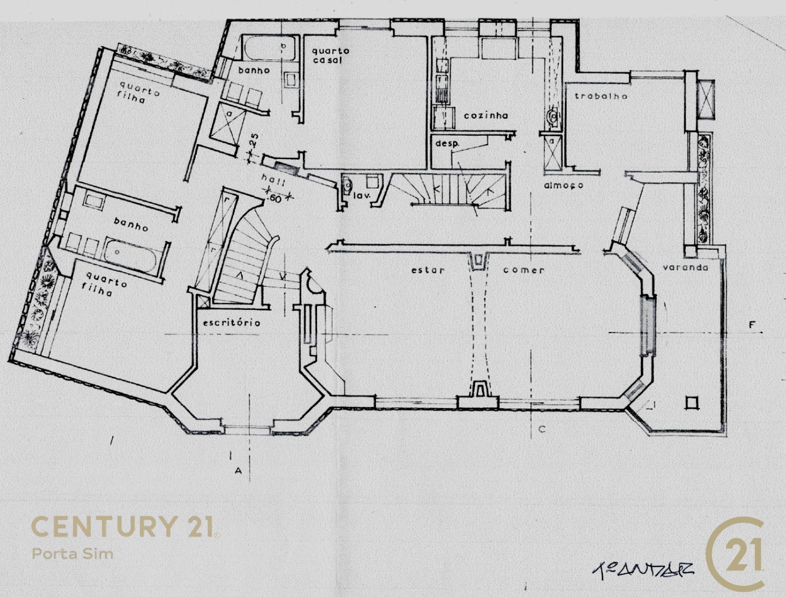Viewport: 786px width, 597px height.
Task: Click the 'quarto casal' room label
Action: tap(330, 55)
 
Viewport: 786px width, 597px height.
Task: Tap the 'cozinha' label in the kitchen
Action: tap(486, 116)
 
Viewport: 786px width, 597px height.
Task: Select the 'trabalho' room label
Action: tap(601, 96)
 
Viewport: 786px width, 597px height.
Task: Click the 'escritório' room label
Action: tap(232, 322)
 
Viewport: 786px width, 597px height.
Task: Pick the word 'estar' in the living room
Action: tap(428, 270)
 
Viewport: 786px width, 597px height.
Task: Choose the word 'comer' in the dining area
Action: tap(523, 270)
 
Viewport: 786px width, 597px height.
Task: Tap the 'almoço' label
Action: tap(563, 186)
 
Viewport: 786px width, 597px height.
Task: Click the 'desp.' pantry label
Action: tap(447, 143)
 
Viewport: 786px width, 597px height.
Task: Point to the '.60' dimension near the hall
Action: tap(275, 198)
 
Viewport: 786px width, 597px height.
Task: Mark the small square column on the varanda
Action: tap(692, 403)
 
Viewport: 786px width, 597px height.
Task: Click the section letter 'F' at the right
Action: tap(752, 325)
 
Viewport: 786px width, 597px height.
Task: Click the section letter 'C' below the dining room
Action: tap(541, 430)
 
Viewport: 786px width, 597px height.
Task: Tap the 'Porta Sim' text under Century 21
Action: tap(72, 554)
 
